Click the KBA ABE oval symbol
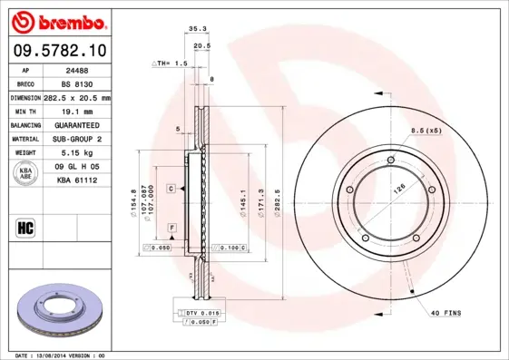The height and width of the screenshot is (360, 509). (x=26, y=173)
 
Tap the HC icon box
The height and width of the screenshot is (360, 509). (x=25, y=227)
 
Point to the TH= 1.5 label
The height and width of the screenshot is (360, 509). (x=169, y=64)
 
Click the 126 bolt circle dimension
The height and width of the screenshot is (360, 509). (x=396, y=190)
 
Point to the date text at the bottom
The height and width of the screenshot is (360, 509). (x=61, y=355)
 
